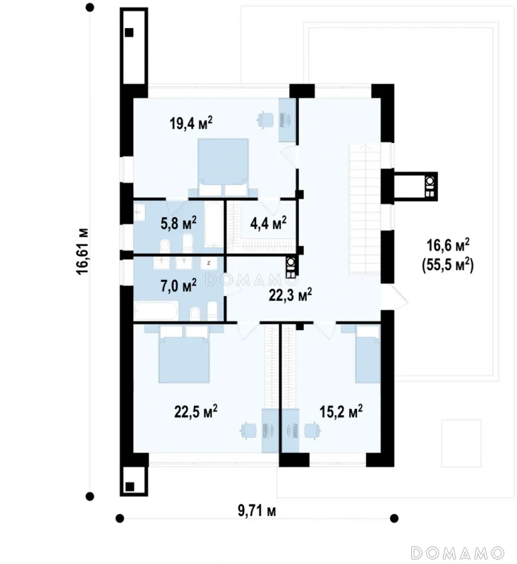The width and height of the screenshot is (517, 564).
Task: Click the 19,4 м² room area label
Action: point(191,123)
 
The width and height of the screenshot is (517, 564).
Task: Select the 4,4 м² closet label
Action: point(269,223)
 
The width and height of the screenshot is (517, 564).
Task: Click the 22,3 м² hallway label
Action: point(291,295)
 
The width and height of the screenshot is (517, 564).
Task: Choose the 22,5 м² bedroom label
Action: point(195,411)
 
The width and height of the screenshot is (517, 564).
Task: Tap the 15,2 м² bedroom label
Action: point(341,411)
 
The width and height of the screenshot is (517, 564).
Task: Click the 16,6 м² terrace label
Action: point(448,245)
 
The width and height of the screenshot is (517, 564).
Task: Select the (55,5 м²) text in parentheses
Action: point(448,265)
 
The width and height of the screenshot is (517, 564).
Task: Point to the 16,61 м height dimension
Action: point(83,251)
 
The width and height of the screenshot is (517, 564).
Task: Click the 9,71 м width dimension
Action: point(257,510)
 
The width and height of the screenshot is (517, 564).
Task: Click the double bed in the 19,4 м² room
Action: point(223,167)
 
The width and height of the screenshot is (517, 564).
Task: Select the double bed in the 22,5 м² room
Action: point(184,354)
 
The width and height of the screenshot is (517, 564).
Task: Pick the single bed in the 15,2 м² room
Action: point(367,354)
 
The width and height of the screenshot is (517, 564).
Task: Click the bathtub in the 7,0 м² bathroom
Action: point(156,310)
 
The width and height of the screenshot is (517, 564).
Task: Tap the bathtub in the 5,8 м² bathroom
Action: point(214,224)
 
